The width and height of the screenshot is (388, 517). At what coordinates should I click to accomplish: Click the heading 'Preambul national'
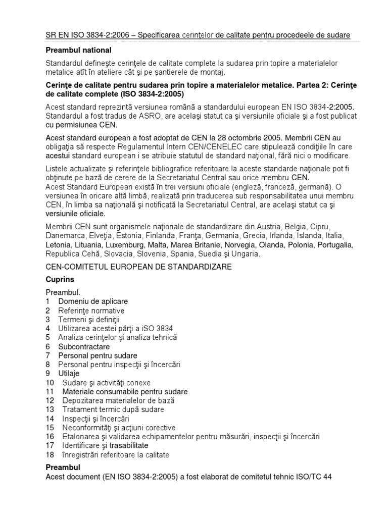point(78,50)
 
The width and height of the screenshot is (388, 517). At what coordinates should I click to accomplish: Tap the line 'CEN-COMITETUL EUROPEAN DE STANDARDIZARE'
point(139,267)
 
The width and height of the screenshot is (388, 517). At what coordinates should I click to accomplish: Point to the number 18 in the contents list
point(50,455)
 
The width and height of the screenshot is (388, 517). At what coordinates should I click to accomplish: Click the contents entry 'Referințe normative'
point(91,311)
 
